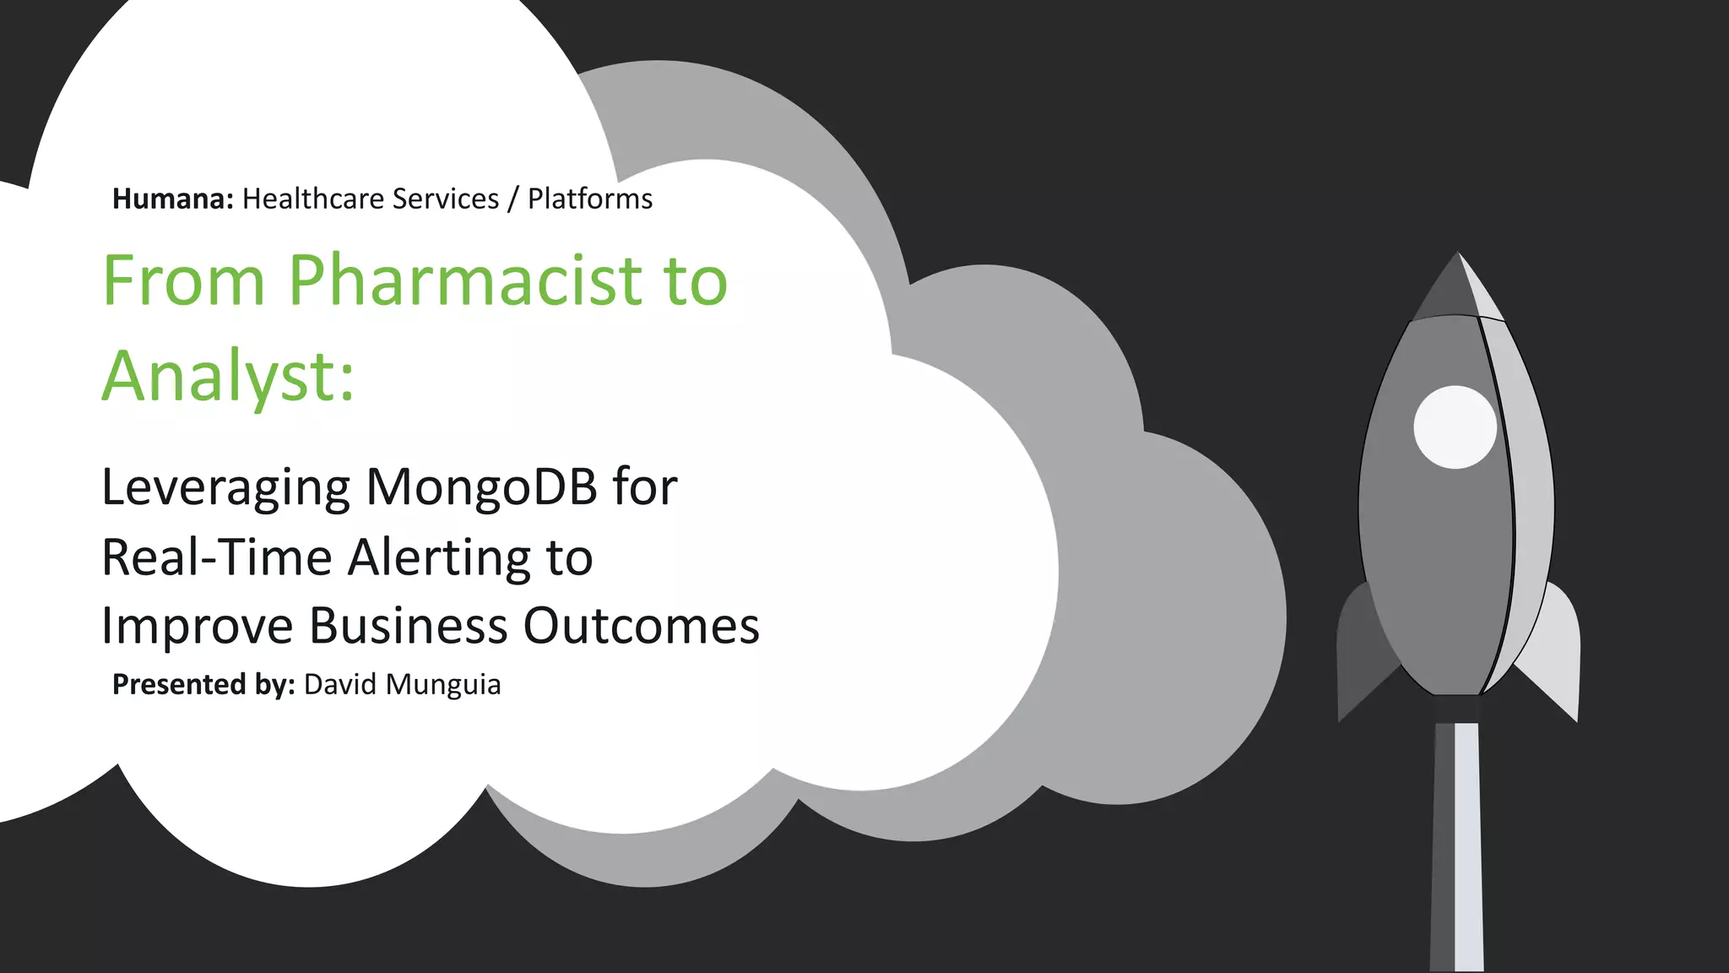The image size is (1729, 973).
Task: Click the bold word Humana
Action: point(172,199)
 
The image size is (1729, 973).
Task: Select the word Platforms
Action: point(590,199)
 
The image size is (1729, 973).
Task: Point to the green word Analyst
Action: point(221,377)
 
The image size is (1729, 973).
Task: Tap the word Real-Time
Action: point(216,557)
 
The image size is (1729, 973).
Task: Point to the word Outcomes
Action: point(641,626)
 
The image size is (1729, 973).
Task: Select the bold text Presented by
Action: point(203,684)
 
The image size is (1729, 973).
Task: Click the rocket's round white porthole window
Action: point(1455,427)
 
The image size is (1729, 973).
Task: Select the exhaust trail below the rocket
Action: point(1457,845)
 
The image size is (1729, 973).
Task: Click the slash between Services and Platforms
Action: point(513,199)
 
